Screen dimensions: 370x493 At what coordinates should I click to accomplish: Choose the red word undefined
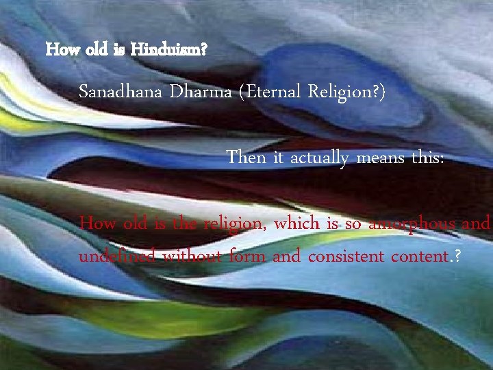[x=117, y=256]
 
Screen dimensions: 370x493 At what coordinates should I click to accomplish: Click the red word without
[x=194, y=256]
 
